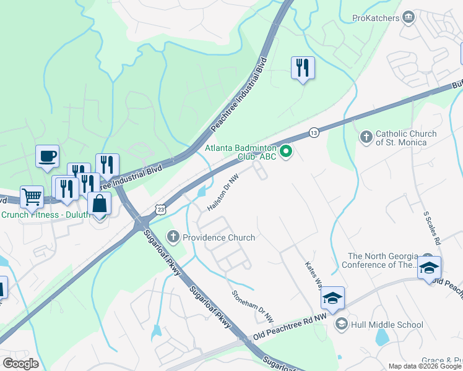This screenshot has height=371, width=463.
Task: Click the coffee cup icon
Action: point(47,156)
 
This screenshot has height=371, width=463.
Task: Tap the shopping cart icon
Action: point(32,197)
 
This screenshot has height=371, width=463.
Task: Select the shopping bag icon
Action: point(99,203)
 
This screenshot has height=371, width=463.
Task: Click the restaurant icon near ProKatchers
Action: point(303,67)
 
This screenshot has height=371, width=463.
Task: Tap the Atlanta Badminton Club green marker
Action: point(285,151)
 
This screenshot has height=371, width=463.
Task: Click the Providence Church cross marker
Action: point(173,237)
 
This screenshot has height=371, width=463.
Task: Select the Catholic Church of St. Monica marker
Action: point(366,136)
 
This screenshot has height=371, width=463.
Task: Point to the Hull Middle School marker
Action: point(341,323)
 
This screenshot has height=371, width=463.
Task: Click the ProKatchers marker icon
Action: point(408,18)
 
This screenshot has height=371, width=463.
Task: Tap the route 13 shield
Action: point(314,133)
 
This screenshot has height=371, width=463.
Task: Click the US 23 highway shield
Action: point(161,210)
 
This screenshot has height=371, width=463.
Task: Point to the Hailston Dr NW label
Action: point(223,191)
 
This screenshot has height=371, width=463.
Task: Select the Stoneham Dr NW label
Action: point(253,306)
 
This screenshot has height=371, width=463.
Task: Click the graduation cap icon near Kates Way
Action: point(332,297)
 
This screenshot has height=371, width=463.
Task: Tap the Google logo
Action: point(20,364)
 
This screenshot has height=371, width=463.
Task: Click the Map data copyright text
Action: point(425,366)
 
